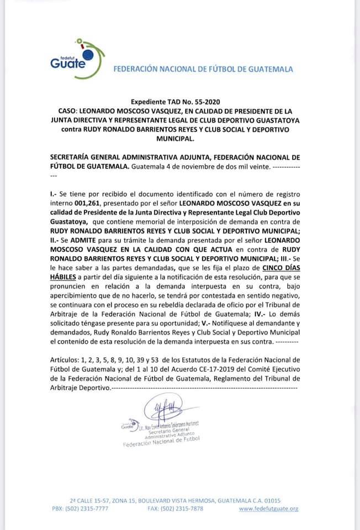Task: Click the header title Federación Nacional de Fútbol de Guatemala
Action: click(x=203, y=70)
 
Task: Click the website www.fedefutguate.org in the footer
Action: click(x=269, y=508)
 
